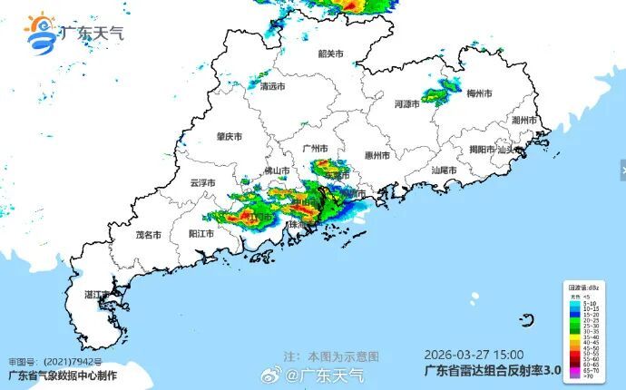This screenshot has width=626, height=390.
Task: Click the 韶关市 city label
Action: point(331,54)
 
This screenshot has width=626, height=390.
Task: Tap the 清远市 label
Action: point(272,87)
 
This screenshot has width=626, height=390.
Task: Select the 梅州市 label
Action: point(479,93)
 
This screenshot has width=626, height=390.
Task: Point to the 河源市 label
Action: point(407,104)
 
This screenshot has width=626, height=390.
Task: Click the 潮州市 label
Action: point(524,120)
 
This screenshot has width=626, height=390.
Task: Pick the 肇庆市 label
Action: point(229,136)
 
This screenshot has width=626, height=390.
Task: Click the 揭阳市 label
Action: point(482,150)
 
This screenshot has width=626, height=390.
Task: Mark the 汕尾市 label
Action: point(444,170)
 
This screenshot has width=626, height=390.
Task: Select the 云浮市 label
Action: point(203,182)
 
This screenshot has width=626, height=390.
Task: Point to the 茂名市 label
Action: point(148,234)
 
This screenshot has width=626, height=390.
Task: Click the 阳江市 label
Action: point(201,233)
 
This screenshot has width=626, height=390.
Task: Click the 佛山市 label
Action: point(277,171)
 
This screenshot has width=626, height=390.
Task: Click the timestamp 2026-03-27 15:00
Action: point(473,356)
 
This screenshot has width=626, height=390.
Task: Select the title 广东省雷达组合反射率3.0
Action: point(494,371)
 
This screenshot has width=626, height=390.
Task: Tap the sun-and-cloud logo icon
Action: point(41,33)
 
